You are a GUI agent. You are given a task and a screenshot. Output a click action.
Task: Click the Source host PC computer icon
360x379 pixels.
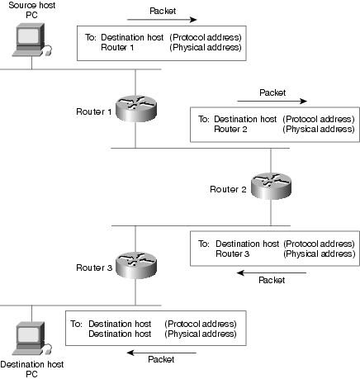(x=31, y=40)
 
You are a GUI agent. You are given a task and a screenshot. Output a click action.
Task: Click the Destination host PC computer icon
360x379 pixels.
(x=31, y=339)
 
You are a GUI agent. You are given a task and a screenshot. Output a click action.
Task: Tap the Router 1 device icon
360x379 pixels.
(x=136, y=108)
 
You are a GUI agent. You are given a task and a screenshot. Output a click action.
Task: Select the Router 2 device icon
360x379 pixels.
(x=271, y=186)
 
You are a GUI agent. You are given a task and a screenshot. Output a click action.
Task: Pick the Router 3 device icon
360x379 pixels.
(x=136, y=265)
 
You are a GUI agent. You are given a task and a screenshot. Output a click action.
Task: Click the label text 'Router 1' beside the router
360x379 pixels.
(x=94, y=111)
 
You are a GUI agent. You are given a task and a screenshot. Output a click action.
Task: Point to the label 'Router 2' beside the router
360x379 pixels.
(x=228, y=189)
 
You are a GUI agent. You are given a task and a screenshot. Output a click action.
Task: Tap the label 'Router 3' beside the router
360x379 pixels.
(x=94, y=268)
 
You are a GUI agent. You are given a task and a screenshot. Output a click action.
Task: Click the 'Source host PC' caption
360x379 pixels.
(x=32, y=10)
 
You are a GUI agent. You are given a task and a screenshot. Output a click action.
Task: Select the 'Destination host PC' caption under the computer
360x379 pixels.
(x=32, y=369)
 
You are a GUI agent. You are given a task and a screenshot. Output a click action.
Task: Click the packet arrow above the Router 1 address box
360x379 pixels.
(x=162, y=20)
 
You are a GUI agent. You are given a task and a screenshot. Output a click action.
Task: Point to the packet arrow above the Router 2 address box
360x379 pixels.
(x=272, y=101)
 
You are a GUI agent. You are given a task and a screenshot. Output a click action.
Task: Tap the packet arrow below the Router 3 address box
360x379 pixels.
(x=272, y=273)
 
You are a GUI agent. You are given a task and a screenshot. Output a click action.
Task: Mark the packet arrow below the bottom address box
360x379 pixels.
(x=162, y=353)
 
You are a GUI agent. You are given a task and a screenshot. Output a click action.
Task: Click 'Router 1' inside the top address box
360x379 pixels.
(x=117, y=47)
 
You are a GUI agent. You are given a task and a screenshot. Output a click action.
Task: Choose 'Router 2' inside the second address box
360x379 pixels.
(x=230, y=129)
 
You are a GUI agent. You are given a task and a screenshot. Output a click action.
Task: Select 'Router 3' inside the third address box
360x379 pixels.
(x=233, y=253)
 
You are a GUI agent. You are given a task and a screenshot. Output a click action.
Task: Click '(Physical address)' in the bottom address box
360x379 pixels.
(x=201, y=334)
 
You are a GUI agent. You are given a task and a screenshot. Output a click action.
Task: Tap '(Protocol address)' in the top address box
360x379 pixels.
(x=206, y=37)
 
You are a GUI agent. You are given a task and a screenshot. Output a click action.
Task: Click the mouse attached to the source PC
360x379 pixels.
(x=48, y=51)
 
